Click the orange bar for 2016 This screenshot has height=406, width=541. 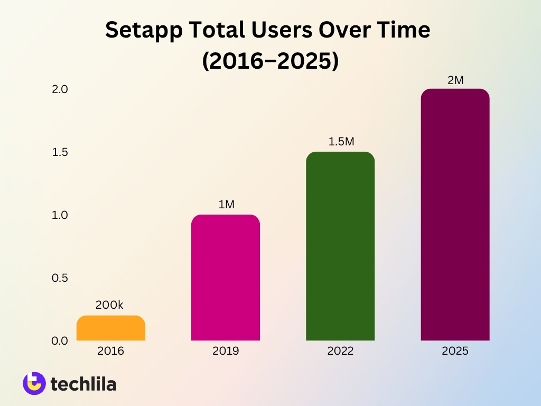110,328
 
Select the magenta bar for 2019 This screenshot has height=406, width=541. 226,278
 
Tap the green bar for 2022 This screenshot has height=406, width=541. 340,246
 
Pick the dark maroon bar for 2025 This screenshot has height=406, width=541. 455,215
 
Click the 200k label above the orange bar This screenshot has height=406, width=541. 109,305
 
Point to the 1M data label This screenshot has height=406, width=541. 226,205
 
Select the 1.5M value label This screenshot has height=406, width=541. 341,142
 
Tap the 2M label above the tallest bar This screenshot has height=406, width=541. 455,80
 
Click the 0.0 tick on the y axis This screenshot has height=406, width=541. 60,341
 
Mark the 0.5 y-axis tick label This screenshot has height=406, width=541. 60,278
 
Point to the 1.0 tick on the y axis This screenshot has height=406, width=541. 60,215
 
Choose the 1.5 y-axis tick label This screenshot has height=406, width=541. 60,152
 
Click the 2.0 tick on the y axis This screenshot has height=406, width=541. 60,89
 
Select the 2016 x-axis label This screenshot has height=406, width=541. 110,351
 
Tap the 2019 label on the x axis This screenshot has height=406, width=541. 226,351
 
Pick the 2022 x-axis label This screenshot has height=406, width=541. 340,351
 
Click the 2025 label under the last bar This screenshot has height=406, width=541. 455,351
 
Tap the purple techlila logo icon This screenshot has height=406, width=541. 34,383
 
